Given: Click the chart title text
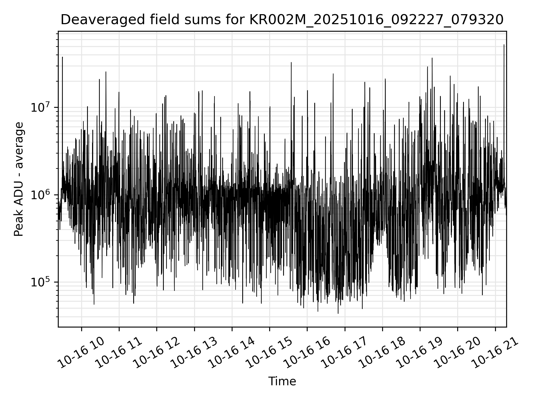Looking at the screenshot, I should (x=282, y=20).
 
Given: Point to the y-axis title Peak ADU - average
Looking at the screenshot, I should (x=19, y=179).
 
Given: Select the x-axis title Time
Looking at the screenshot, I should (x=282, y=381).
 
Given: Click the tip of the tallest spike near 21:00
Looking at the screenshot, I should (x=504, y=45).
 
